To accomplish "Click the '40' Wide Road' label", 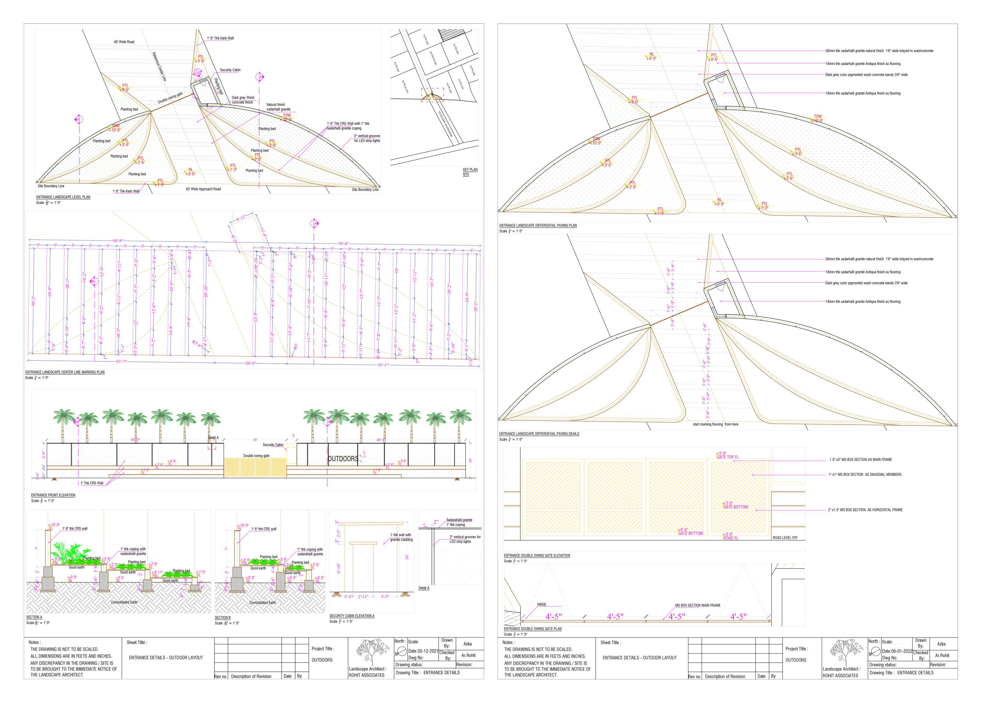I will pos(124,42).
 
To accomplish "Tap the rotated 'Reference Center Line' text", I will pos(159,67).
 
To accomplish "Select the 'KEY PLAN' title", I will pos(470,170).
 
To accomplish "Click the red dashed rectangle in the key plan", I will pos(432,95).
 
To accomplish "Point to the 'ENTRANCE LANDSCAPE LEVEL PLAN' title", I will pos(63,197).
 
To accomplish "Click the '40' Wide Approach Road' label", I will pos(203,189).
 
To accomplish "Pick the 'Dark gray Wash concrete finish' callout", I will pos(243,100).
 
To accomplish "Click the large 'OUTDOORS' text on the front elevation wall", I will pos(343,459).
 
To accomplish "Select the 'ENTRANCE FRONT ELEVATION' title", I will pos(53,495).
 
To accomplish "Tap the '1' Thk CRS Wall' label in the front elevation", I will pos(92,483).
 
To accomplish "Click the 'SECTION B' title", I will pos(222,618).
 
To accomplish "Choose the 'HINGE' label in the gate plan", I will pos(541,604).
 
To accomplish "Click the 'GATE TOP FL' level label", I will pos(728,457).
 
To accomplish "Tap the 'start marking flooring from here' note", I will pos(715,424).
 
